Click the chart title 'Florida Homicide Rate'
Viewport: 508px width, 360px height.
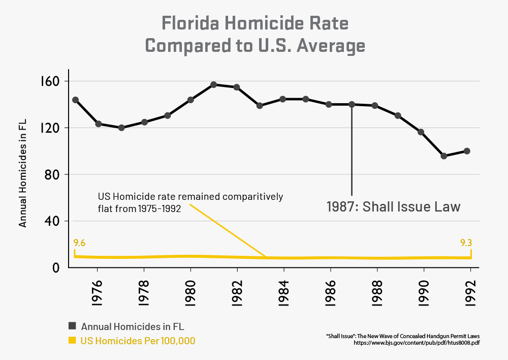click(x=255, y=23)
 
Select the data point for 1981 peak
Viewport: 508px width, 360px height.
click(x=213, y=85)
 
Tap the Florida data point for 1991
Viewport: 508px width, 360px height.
click(x=443, y=156)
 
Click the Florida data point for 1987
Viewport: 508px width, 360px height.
click(x=352, y=104)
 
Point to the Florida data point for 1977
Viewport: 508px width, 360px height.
click(x=121, y=128)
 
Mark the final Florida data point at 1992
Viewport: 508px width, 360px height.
click(x=467, y=151)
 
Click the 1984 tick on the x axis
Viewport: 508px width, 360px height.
click(x=284, y=290)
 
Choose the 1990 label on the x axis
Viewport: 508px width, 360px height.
click(x=424, y=290)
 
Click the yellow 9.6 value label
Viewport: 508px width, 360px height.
click(x=79, y=243)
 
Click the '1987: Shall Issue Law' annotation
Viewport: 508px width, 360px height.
click(x=393, y=207)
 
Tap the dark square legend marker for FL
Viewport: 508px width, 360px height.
click(x=72, y=326)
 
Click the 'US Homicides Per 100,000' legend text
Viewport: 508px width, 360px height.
click(x=138, y=341)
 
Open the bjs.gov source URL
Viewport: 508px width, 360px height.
click(x=417, y=343)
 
